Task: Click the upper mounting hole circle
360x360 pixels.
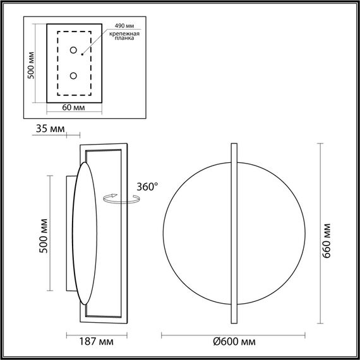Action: [x=75, y=51]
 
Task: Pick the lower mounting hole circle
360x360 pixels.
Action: [x=75, y=76]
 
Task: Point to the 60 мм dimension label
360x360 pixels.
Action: [x=74, y=107]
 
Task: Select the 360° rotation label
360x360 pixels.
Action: [x=147, y=186]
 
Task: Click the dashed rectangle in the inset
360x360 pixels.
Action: [x=59, y=63]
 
